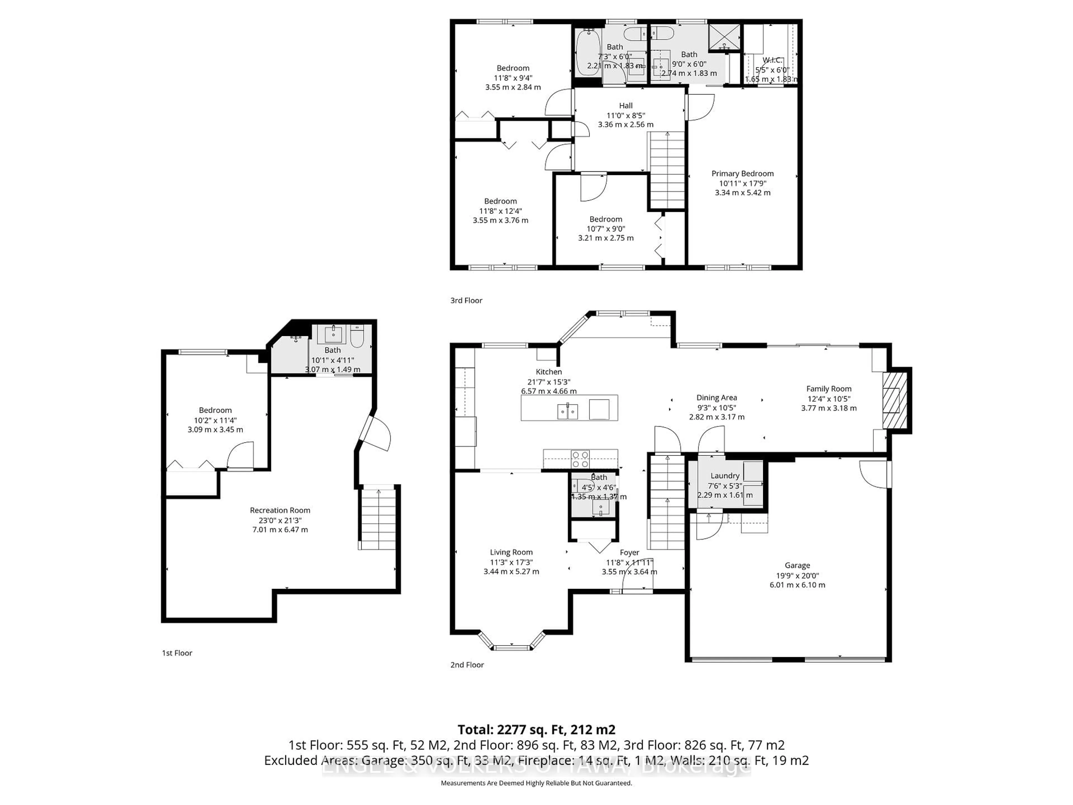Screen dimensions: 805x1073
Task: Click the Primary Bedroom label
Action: [x=742, y=174]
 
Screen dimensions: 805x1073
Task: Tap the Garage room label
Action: [x=797, y=565]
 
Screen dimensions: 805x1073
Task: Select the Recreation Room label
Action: [x=280, y=510]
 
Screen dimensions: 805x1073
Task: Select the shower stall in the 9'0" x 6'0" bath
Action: [x=725, y=37]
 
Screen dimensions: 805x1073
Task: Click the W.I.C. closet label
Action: [x=772, y=60]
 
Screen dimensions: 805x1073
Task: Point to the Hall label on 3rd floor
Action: [x=626, y=105]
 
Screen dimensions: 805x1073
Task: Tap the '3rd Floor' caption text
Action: [x=466, y=300]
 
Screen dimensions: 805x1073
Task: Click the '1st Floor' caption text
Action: [x=177, y=653]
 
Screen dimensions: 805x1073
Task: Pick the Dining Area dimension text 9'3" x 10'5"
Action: [x=716, y=408]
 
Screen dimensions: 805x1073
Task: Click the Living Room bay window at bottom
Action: [x=512, y=647]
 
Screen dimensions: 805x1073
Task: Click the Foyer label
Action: [x=629, y=553]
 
